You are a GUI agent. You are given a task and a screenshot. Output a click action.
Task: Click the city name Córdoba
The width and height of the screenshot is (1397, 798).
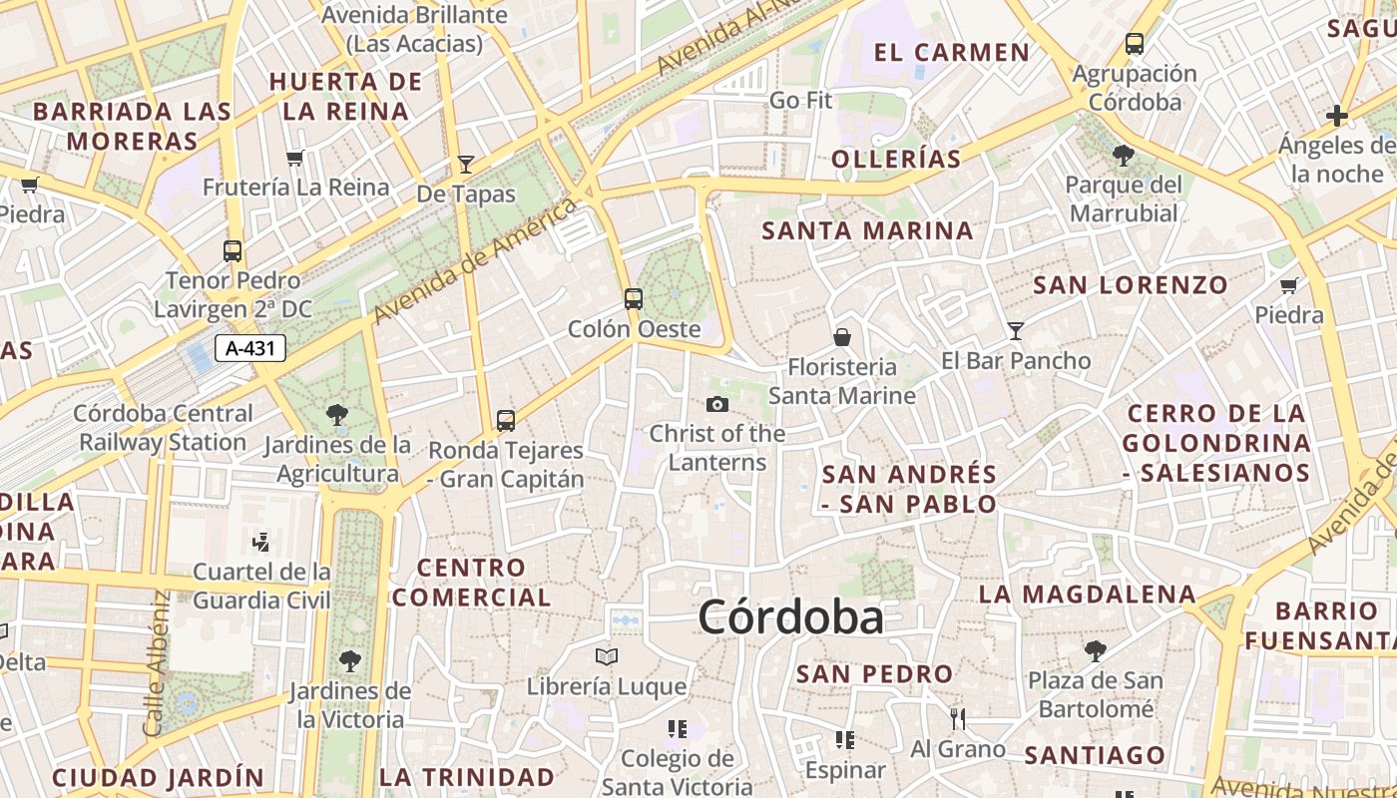point(790,617)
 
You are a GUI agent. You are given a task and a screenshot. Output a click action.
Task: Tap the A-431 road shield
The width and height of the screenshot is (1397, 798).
point(250,348)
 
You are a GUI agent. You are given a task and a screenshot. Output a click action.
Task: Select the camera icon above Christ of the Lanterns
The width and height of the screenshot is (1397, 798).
point(716,404)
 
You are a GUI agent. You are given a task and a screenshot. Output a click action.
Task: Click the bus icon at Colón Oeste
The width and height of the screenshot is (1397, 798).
point(633,298)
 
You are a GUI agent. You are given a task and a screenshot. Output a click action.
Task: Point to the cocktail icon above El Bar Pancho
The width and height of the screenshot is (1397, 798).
point(1016,330)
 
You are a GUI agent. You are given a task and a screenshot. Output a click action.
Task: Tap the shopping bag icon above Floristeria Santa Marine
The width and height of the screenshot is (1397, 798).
point(842,337)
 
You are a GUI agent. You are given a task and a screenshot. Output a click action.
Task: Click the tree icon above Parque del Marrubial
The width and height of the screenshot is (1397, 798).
point(1123,155)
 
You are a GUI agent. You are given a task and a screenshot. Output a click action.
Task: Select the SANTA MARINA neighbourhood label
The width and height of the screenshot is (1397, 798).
point(867,230)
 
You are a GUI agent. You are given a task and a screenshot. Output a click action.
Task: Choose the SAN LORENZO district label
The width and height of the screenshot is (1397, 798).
point(1131,285)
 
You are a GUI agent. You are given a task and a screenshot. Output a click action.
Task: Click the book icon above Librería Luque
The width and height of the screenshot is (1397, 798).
point(606,656)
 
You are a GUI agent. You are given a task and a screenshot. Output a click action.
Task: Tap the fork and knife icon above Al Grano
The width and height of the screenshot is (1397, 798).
point(958,718)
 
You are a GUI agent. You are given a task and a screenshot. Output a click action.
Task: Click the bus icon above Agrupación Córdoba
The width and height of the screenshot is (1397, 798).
point(1135,44)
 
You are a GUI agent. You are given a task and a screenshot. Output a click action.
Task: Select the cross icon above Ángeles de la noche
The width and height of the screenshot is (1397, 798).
point(1337,116)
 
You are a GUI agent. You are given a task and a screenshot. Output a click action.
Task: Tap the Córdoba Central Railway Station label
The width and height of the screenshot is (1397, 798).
point(164,427)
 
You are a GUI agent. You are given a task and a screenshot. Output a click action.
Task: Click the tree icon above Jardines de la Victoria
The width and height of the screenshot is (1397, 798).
point(349,659)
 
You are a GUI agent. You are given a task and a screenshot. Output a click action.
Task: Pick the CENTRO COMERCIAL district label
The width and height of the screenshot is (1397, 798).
point(471,583)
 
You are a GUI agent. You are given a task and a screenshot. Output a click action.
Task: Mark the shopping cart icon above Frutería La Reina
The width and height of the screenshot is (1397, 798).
point(294,158)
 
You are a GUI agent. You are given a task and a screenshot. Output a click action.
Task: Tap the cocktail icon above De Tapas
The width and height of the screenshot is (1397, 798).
point(465,164)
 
